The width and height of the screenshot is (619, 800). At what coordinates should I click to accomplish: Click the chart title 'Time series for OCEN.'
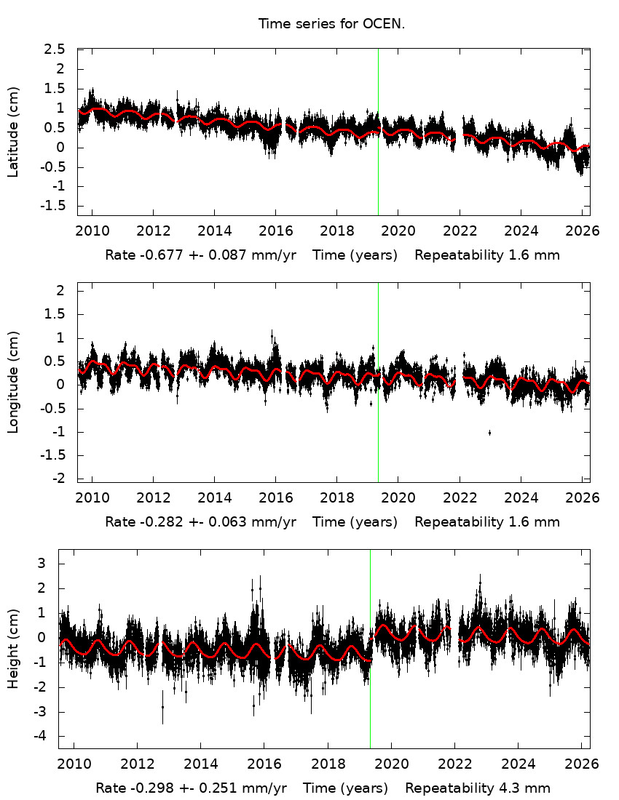(331, 24)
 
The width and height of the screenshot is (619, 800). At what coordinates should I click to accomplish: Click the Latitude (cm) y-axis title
(13, 132)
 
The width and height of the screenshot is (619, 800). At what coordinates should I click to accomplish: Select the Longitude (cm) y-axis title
(13, 382)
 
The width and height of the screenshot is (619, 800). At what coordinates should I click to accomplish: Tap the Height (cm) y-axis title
(13, 648)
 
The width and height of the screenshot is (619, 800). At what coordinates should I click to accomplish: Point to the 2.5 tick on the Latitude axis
(55, 49)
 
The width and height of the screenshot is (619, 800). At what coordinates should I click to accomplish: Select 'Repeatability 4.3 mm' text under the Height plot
(478, 788)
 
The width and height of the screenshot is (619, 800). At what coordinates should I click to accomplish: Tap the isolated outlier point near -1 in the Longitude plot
(489, 433)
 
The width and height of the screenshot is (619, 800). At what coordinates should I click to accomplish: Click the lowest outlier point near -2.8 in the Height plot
(162, 706)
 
